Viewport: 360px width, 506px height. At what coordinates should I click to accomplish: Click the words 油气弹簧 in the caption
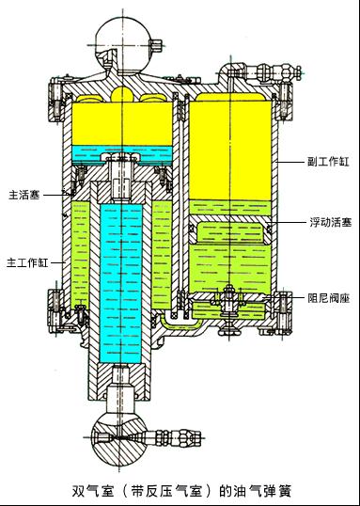[x=261, y=490]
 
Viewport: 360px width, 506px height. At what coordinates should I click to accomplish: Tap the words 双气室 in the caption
[x=92, y=490]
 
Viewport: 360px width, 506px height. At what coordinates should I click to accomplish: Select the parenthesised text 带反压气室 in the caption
[x=168, y=490]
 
